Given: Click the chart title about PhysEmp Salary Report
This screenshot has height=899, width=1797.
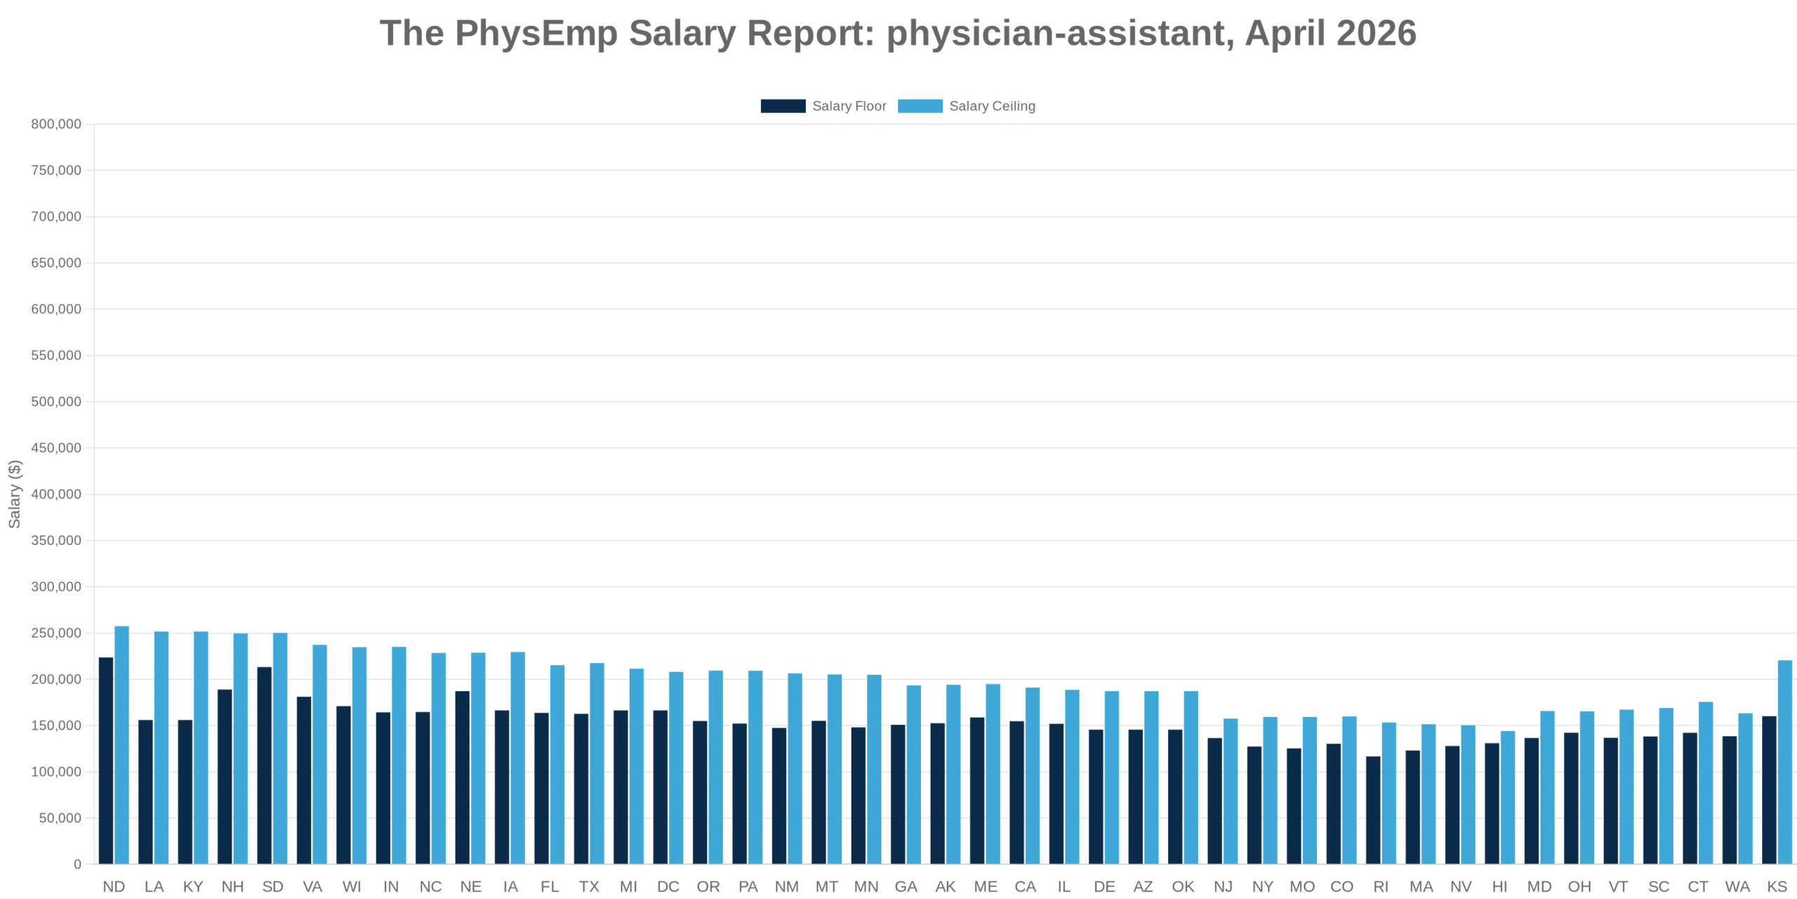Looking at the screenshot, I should click(x=898, y=33).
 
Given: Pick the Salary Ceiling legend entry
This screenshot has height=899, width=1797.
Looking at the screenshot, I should click(x=966, y=106).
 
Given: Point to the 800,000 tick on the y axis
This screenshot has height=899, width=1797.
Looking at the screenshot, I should click(x=56, y=124).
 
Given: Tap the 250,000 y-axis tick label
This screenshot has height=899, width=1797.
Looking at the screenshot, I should click(x=56, y=633).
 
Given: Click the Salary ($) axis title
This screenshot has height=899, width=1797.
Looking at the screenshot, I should click(x=15, y=494).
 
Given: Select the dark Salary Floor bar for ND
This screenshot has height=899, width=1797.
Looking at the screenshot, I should click(x=106, y=761).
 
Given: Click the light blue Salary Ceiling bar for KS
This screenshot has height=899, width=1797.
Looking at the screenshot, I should click(x=1784, y=762).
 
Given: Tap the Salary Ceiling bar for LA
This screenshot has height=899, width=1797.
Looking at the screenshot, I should click(x=161, y=747).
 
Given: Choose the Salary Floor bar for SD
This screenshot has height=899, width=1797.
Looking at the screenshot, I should click(x=265, y=766).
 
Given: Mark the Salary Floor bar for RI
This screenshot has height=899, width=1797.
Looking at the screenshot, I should click(x=1373, y=810).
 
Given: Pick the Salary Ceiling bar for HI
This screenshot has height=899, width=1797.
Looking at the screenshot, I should click(x=1508, y=797).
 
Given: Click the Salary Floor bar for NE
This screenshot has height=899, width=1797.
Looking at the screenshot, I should click(x=463, y=777).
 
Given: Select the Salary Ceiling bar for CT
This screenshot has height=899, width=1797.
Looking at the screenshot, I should click(x=1706, y=782).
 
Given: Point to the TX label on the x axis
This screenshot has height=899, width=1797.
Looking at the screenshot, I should click(x=589, y=886).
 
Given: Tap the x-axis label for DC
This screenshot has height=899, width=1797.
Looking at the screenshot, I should click(x=668, y=886).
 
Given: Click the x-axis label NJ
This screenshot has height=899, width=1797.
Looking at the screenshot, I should click(x=1223, y=886).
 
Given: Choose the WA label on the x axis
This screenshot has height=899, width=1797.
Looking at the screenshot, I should click(x=1737, y=886).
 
